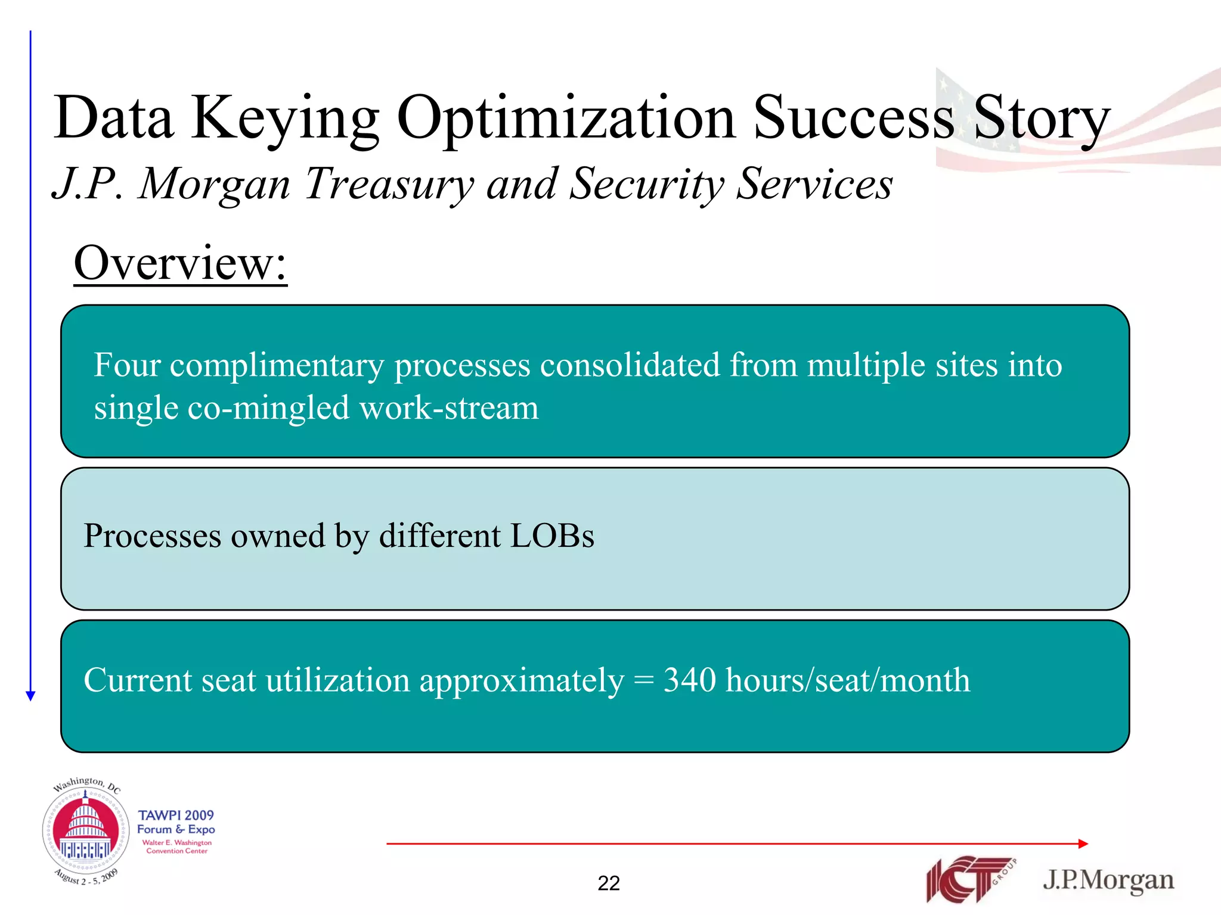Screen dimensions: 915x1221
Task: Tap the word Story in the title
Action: (x=1041, y=119)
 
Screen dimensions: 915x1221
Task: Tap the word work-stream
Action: (x=449, y=409)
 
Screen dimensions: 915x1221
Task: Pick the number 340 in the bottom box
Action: (x=689, y=680)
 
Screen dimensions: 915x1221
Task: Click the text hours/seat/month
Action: (x=847, y=681)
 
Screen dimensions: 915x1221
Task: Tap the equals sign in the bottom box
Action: (x=643, y=681)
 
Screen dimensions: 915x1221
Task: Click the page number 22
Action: (x=609, y=883)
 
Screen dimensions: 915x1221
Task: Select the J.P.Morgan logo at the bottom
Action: (x=1108, y=880)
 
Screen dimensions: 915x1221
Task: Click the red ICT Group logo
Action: (x=969, y=879)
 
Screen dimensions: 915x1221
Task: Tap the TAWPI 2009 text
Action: (x=176, y=815)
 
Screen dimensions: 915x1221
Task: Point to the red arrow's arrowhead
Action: (x=1083, y=844)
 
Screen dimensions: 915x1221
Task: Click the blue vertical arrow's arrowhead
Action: (x=31, y=695)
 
